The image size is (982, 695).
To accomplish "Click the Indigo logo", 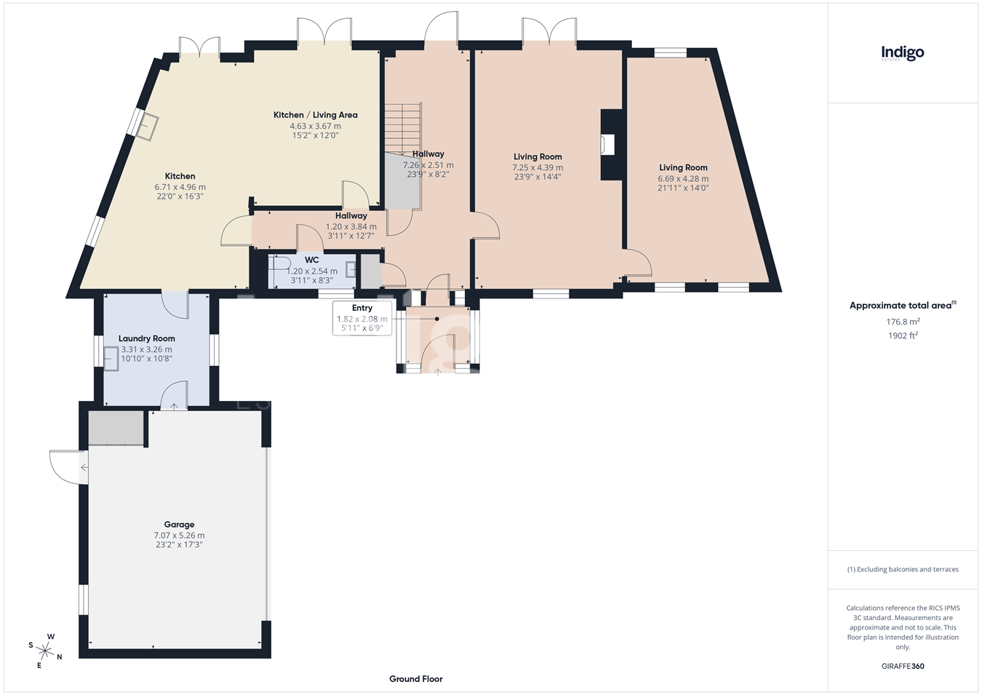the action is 903,54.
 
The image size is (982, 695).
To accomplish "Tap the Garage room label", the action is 179,525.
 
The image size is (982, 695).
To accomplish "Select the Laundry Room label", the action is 146,338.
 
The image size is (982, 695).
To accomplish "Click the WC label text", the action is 312,260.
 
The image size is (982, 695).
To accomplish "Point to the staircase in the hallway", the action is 403,127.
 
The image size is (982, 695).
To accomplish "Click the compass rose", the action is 44,651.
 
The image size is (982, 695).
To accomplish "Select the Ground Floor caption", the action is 415,679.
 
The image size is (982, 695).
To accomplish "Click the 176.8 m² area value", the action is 903,322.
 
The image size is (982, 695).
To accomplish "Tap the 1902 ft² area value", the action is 903,335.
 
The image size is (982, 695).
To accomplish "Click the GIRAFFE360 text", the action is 903,666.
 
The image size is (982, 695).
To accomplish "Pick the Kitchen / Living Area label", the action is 315,115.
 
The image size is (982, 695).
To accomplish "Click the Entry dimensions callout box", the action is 362,318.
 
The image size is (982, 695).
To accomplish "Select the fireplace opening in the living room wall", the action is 607,144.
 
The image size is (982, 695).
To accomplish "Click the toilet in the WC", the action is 279,263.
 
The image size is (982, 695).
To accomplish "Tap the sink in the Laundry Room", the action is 111,359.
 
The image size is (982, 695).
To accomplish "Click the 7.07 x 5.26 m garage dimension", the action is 179,536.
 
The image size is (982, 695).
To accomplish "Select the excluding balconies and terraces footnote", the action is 903,569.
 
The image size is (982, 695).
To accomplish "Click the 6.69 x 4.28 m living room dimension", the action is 683,178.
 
